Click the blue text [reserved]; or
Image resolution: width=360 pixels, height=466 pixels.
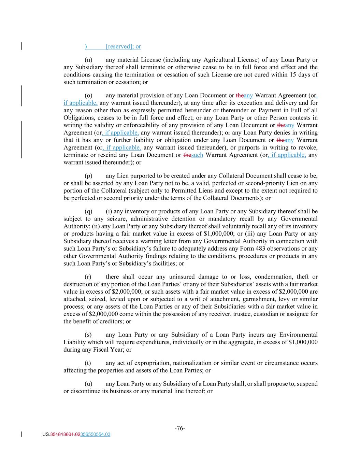pyautogui.click(x=123, y=46)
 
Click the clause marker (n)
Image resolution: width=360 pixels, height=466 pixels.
pyautogui.click(x=88, y=60)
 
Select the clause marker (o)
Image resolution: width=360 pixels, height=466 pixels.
pyautogui.click(x=88, y=96)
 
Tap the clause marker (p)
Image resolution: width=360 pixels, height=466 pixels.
pyautogui.click(x=88, y=176)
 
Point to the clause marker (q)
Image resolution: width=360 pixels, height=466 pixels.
pyautogui.click(x=88, y=211)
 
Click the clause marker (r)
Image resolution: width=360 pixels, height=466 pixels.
pyautogui.click(x=88, y=277)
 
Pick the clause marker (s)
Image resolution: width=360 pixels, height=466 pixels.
pyautogui.click(x=88, y=335)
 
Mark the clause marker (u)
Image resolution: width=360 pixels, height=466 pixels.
pyautogui.click(x=88, y=384)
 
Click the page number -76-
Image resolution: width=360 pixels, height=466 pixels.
pyautogui.click(x=180, y=428)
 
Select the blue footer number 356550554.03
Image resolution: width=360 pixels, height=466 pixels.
pyautogui.click(x=95, y=435)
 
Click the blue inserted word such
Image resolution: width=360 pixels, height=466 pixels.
pyautogui.click(x=197, y=155)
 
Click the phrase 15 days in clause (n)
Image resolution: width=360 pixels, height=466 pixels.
pyautogui.click(x=304, y=75)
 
